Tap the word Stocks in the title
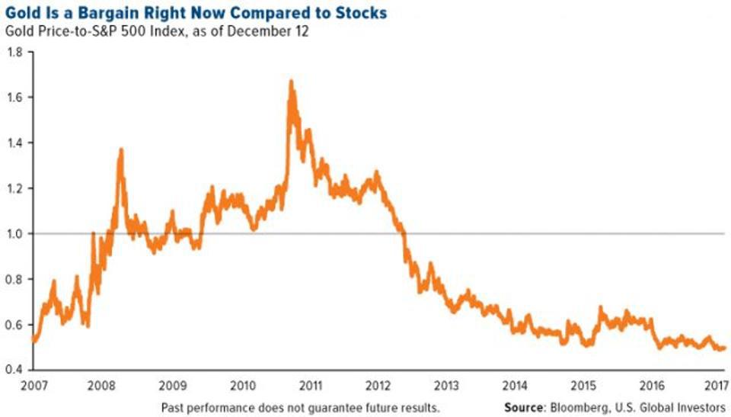pyautogui.click(x=362, y=13)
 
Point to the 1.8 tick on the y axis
pyautogui.click(x=14, y=52)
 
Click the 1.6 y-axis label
pyautogui.click(x=14, y=98)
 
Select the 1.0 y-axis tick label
pyautogui.click(x=14, y=233)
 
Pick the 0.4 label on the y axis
pyautogui.click(x=14, y=370)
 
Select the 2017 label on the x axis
pyautogui.click(x=715, y=383)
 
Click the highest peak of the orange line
pyautogui.click(x=291, y=80)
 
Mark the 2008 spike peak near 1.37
pyautogui.click(x=121, y=149)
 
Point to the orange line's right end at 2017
pyautogui.click(x=724, y=348)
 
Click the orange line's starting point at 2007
pyautogui.click(x=33, y=341)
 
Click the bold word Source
pyautogui.click(x=523, y=407)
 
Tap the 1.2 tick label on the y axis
pyautogui.click(x=14, y=188)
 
